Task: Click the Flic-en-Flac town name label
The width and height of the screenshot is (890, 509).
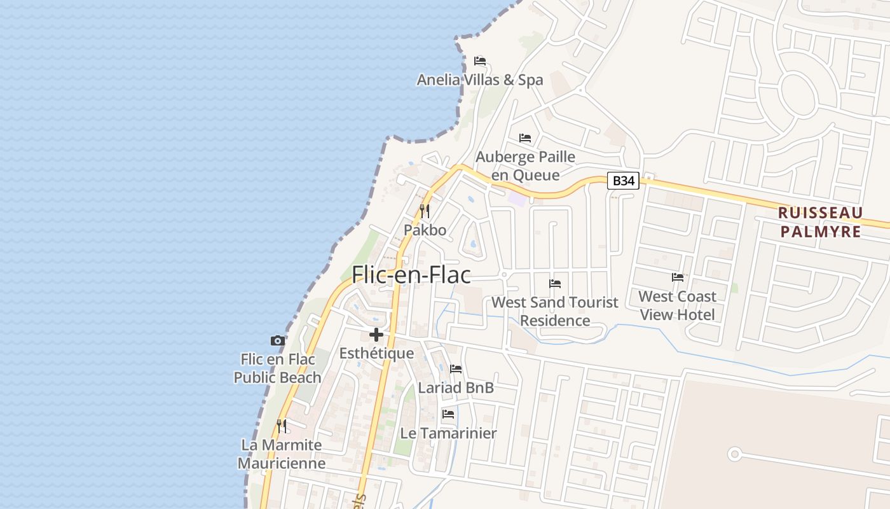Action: click(x=411, y=275)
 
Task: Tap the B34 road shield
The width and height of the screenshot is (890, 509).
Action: click(x=623, y=181)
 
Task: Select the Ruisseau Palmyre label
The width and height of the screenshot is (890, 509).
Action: click(x=820, y=222)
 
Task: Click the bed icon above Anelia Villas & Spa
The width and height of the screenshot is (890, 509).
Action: click(x=480, y=61)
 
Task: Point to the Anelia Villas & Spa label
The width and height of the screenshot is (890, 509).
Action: click(x=480, y=80)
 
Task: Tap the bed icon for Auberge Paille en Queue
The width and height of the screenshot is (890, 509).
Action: click(x=525, y=137)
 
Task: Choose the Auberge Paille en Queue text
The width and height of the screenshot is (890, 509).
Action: click(x=526, y=165)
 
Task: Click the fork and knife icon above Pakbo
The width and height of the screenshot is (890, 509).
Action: click(x=425, y=211)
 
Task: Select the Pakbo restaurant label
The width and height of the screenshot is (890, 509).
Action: click(x=425, y=230)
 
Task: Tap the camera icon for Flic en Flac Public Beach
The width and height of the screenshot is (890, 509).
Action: click(x=278, y=340)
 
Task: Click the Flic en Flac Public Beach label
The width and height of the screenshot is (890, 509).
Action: click(x=277, y=368)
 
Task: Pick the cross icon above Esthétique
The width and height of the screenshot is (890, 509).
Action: click(x=376, y=334)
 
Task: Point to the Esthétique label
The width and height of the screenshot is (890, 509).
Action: click(x=376, y=353)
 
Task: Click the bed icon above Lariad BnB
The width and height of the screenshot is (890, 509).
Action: click(x=456, y=368)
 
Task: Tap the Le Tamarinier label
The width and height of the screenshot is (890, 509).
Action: click(x=448, y=433)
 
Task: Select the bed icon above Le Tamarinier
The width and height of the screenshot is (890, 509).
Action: click(x=448, y=414)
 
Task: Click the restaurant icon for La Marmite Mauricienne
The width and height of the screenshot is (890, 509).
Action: click(x=282, y=426)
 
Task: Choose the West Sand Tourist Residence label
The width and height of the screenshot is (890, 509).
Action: click(x=555, y=311)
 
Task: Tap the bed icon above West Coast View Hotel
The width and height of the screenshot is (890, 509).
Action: click(x=678, y=277)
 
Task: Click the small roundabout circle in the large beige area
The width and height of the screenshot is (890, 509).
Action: click(x=735, y=454)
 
